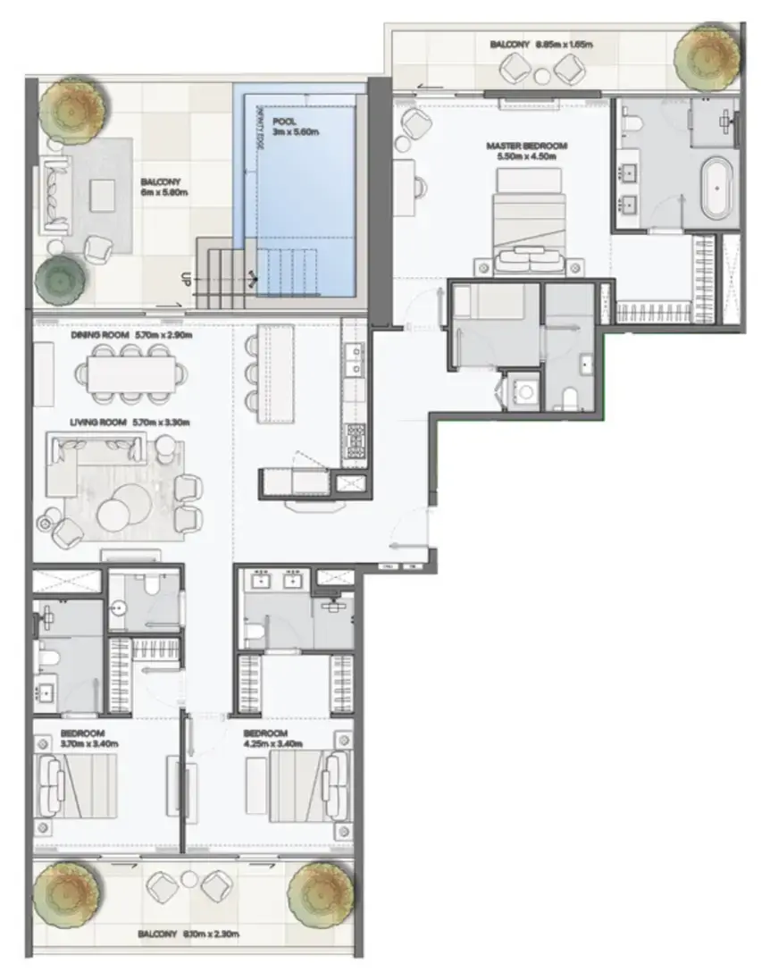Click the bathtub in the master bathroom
[716, 188]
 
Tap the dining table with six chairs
[132, 376]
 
